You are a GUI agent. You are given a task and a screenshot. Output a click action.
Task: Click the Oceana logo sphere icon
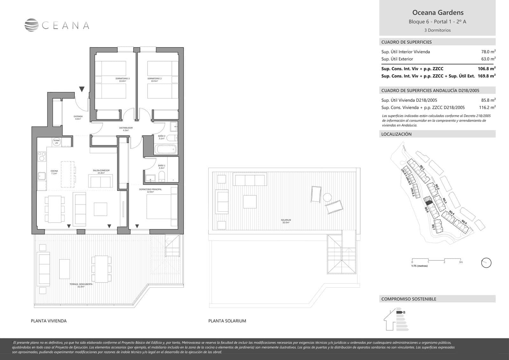click(x=31, y=25)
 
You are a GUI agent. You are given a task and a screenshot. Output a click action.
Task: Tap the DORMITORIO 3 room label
click(x=122, y=80)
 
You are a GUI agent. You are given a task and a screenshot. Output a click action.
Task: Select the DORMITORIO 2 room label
click(x=154, y=80)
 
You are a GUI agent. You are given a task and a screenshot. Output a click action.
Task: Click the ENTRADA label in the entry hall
click(x=78, y=117)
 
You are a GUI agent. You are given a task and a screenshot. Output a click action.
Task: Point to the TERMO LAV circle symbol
click(x=57, y=142)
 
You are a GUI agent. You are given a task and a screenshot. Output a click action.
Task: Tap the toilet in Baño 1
click(x=162, y=176)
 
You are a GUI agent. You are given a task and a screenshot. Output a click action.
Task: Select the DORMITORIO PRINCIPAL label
click(x=150, y=190)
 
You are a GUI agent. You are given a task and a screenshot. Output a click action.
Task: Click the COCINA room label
click(x=54, y=172)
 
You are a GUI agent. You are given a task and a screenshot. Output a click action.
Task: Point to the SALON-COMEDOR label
click(x=101, y=172)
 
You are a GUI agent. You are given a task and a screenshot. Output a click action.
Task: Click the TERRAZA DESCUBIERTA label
click(x=81, y=285)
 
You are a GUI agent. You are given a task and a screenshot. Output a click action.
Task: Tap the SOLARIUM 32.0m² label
click(x=286, y=221)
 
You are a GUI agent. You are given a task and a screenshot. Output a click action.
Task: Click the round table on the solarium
click(x=327, y=197)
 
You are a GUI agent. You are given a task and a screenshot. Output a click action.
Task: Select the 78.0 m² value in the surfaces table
click(x=488, y=52)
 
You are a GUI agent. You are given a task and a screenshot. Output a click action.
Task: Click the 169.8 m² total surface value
click(x=487, y=76)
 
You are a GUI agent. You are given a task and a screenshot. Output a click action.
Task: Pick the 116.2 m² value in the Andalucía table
click(x=487, y=108)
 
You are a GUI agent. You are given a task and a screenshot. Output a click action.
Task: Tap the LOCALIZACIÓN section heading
click(x=396, y=134)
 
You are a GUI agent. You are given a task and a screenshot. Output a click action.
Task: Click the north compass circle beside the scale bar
click(x=486, y=263)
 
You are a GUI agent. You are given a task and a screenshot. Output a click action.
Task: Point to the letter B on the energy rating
click(x=404, y=312)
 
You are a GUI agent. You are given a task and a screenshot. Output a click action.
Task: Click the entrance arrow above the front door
click(x=82, y=89)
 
